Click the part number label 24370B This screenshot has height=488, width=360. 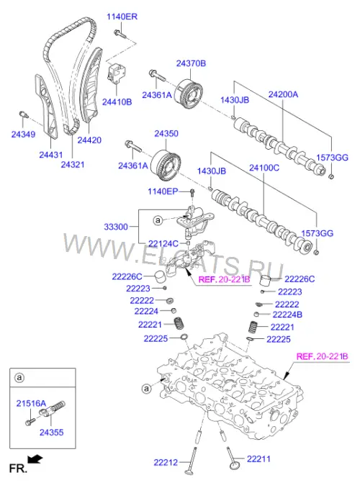191,63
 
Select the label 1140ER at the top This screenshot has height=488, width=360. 122,17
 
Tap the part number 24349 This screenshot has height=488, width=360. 23,134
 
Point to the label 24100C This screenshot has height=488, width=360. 264,168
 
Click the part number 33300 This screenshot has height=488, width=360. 116,227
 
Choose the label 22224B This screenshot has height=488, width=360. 287,315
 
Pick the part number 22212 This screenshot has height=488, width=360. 166,463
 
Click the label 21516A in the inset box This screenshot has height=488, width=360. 31,403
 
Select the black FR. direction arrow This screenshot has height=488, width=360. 35,459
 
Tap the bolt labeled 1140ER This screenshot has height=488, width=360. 120,34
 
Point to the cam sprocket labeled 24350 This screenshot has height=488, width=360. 166,165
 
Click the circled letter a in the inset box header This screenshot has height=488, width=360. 19,377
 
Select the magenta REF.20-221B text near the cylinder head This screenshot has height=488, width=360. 322,356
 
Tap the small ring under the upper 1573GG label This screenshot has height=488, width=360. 331,177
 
